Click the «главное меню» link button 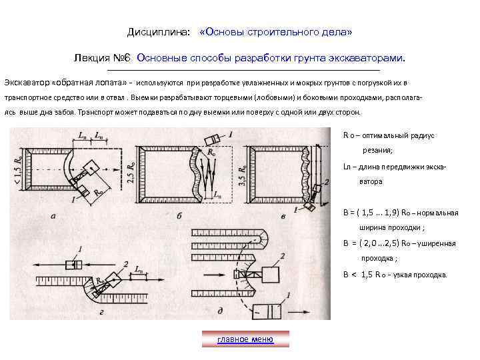click(x=245, y=339)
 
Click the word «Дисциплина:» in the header click(x=159, y=32)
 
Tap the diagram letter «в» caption click(x=284, y=216)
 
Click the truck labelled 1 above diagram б click(x=211, y=139)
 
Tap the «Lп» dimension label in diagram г click(x=139, y=269)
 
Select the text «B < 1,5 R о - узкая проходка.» click(x=395, y=275)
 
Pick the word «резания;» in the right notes click(x=377, y=151)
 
